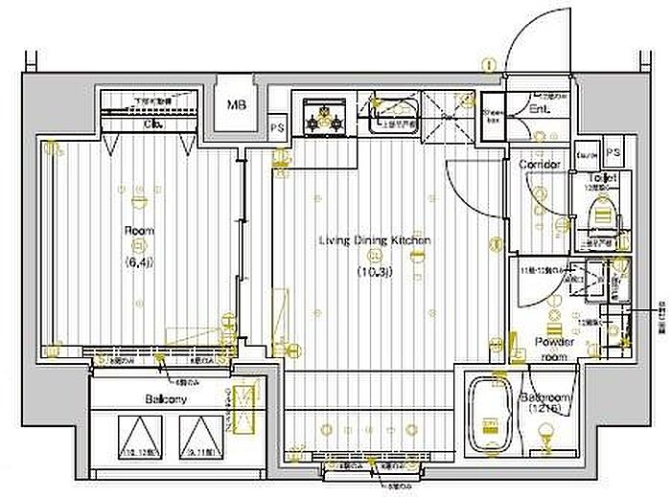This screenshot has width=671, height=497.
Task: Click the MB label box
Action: [235, 105]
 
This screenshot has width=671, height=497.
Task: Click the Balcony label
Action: [166, 399]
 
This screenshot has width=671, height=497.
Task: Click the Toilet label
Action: [603, 179]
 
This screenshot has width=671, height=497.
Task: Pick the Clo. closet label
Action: [152, 124]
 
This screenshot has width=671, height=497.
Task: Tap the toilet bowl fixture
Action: [604, 213]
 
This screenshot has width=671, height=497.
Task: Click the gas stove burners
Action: [325, 116]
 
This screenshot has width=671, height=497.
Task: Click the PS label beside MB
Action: [277, 125]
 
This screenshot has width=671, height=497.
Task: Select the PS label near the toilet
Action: [612, 153]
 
